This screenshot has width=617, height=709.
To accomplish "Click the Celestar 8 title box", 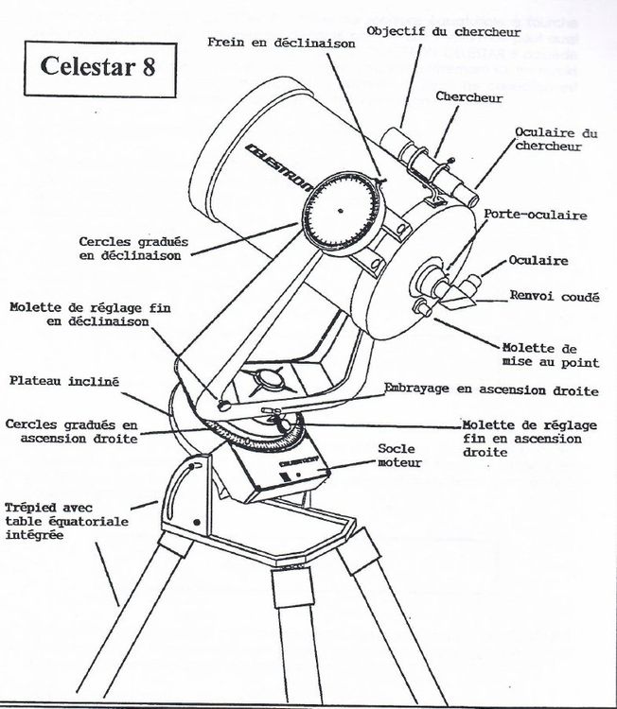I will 93,66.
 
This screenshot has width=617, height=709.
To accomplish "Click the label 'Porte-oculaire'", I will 535,215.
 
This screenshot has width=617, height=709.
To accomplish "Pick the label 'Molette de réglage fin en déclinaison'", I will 80,315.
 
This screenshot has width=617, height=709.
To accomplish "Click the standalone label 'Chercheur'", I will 468,97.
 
